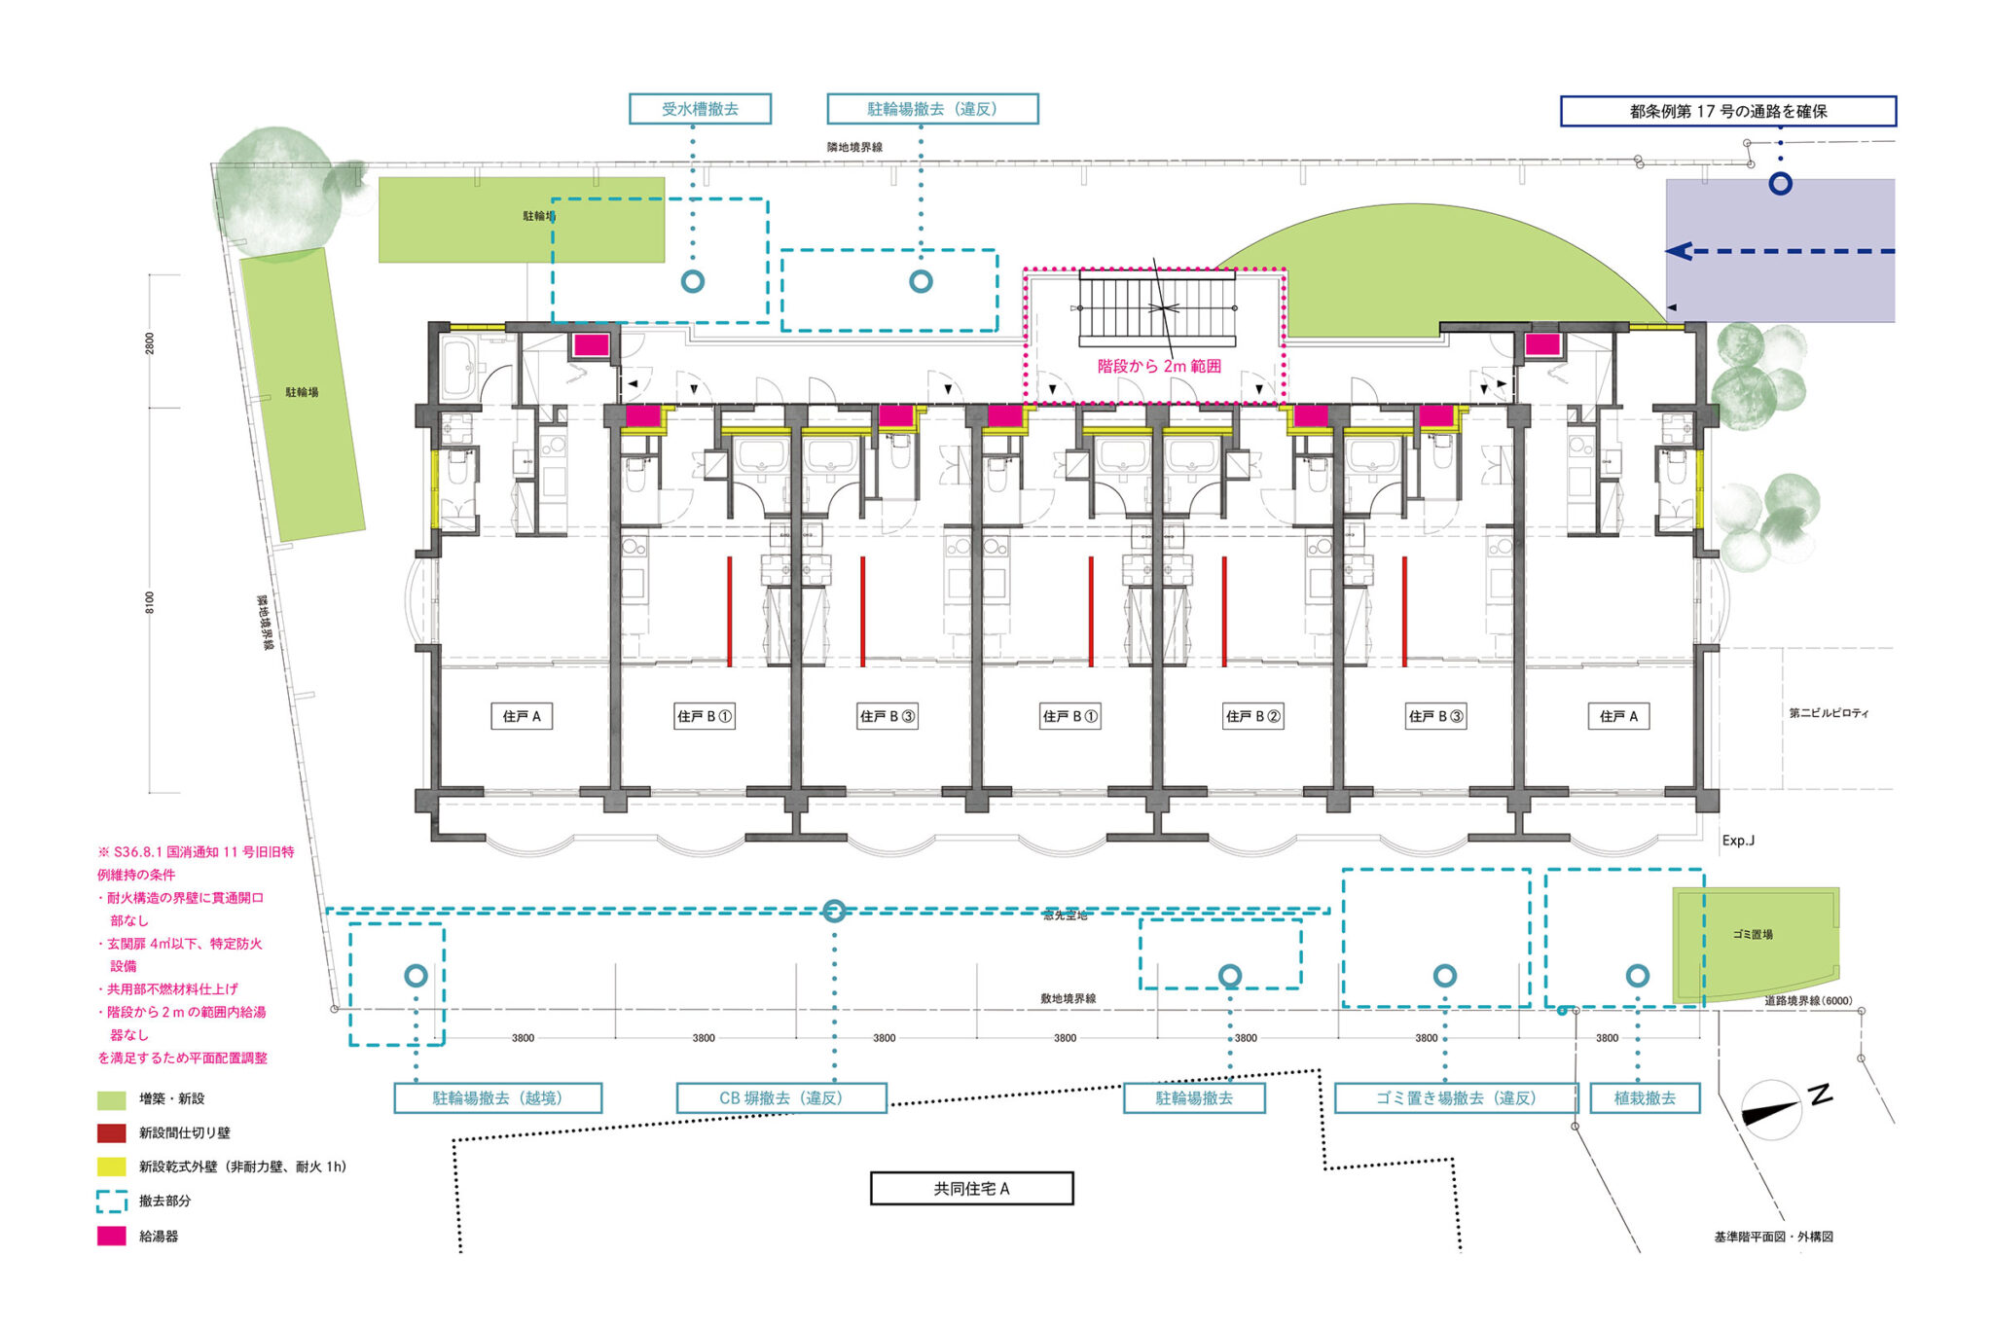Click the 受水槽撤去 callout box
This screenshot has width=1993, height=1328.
[x=700, y=109]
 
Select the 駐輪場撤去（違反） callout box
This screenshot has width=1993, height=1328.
[x=932, y=109]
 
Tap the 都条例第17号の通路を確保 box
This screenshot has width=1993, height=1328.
[x=1727, y=111]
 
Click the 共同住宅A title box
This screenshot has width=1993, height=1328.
[x=971, y=1188]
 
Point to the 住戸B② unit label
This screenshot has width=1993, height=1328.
[x=1252, y=716]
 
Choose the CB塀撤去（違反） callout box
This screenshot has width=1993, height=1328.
[x=781, y=1098]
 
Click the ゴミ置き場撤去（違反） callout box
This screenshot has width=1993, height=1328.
[x=1455, y=1098]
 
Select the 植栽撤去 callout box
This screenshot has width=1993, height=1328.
[x=1645, y=1098]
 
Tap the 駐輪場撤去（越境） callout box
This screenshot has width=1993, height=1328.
[x=497, y=1098]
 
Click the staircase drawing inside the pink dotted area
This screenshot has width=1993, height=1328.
[x=1157, y=309]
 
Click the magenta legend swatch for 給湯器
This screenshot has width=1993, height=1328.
[x=112, y=1236]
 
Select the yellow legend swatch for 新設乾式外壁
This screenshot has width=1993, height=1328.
[x=112, y=1166]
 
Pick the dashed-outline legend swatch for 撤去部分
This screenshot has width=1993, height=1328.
[x=112, y=1202]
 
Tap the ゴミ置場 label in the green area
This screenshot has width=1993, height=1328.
[x=1753, y=934]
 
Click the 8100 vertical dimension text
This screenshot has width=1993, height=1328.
[x=150, y=602]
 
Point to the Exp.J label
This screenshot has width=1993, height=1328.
[x=1738, y=841]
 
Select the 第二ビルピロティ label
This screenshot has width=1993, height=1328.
[x=1829, y=713]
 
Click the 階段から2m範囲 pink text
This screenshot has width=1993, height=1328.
[x=1158, y=367]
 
